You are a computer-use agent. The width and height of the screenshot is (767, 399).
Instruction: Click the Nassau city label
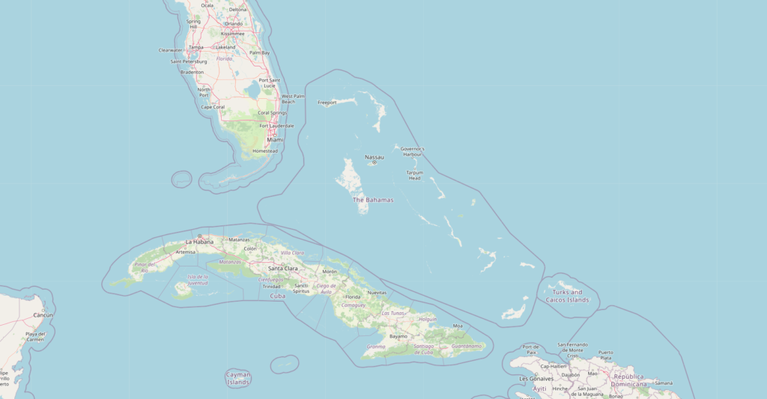point(375,157)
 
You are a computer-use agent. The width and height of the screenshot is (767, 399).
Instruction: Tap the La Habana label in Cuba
point(199,242)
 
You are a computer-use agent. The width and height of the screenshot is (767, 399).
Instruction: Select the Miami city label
point(275,140)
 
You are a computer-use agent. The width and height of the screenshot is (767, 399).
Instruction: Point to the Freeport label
point(327,103)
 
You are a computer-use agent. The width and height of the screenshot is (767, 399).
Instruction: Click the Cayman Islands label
point(238,379)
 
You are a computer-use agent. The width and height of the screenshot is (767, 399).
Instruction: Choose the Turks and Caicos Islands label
point(568,296)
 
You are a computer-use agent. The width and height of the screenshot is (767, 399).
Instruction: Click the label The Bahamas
point(373,200)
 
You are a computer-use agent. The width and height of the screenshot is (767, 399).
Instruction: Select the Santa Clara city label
point(284,268)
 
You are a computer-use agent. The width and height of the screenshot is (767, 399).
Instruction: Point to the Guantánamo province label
point(467,346)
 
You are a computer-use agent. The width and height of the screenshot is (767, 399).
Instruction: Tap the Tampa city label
point(196,47)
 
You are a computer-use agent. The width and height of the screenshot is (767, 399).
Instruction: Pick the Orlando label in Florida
point(233,23)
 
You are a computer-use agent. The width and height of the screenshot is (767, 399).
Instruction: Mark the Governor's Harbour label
point(412,151)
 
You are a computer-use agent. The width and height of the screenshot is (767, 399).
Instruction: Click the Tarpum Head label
point(414,175)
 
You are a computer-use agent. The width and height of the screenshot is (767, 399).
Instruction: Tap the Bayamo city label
point(398,336)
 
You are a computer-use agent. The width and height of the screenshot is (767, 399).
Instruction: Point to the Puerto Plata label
point(605,355)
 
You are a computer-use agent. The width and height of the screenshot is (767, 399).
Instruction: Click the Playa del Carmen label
point(35,336)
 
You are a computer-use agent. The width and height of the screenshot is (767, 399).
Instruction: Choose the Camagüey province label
point(353,305)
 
